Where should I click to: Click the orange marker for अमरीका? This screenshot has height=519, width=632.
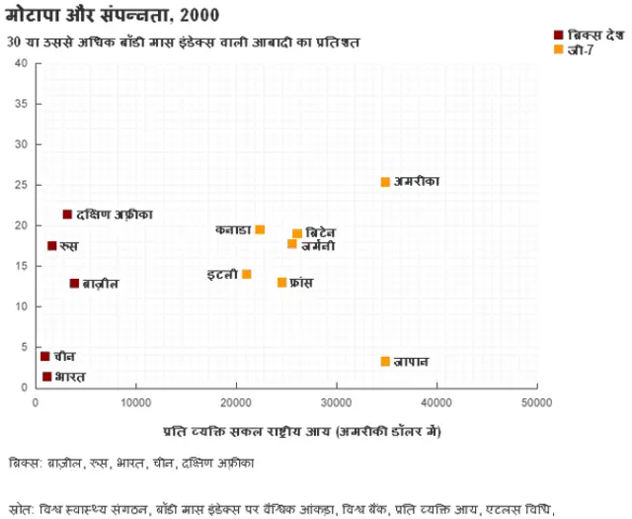tap(385, 182)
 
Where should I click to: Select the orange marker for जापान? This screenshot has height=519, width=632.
tap(385, 362)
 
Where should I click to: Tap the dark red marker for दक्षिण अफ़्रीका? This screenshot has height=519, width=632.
tap(67, 215)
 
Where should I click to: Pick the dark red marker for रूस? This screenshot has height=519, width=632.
tap(52, 245)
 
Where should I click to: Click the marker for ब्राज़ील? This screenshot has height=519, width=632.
tap(74, 283)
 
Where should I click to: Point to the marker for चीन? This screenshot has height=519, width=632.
tap(44, 356)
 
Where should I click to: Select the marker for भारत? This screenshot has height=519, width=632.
tap(46, 377)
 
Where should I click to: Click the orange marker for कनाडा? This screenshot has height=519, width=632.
tap(260, 229)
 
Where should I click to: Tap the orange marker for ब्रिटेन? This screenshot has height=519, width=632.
tap(297, 233)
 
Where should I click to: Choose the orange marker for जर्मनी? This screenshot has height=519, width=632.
tap(292, 244)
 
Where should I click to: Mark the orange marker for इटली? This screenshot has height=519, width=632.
tap(246, 274)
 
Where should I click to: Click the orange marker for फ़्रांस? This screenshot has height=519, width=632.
tap(281, 283)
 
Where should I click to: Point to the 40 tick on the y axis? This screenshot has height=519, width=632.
tap(21, 64)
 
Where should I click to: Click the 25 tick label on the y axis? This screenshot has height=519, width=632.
tap(21, 185)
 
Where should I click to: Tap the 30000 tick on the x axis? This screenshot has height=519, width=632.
tap(336, 402)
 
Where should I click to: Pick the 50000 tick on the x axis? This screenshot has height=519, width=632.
tap(535, 402)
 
